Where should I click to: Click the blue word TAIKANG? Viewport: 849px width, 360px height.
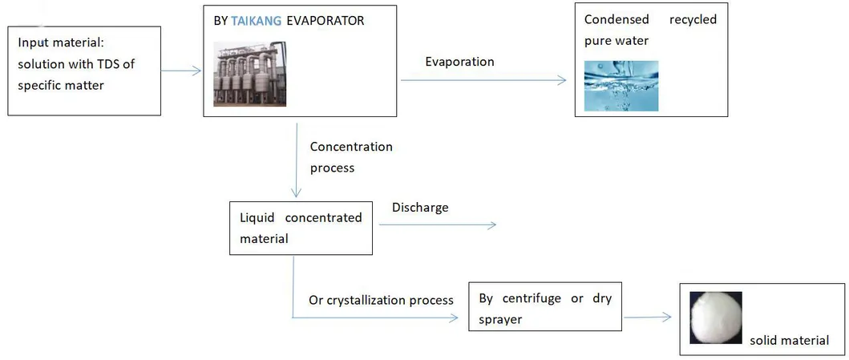click(257, 21)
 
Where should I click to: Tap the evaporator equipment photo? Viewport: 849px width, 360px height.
click(249, 74)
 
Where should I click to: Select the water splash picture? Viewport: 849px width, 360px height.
click(621, 85)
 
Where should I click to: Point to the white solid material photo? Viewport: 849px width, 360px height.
click(716, 318)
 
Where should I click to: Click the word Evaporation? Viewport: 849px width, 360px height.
click(459, 62)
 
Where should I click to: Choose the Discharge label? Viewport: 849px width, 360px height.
click(420, 208)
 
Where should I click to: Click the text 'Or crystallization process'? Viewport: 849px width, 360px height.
click(381, 300)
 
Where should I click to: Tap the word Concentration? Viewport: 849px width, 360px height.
click(351, 147)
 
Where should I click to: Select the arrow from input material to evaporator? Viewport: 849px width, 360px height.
click(181, 71)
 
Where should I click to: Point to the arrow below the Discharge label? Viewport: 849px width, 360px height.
click(437, 225)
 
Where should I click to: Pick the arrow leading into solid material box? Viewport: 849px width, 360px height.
click(648, 318)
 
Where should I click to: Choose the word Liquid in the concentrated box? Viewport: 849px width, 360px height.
click(257, 217)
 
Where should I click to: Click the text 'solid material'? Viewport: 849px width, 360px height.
click(790, 340)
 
